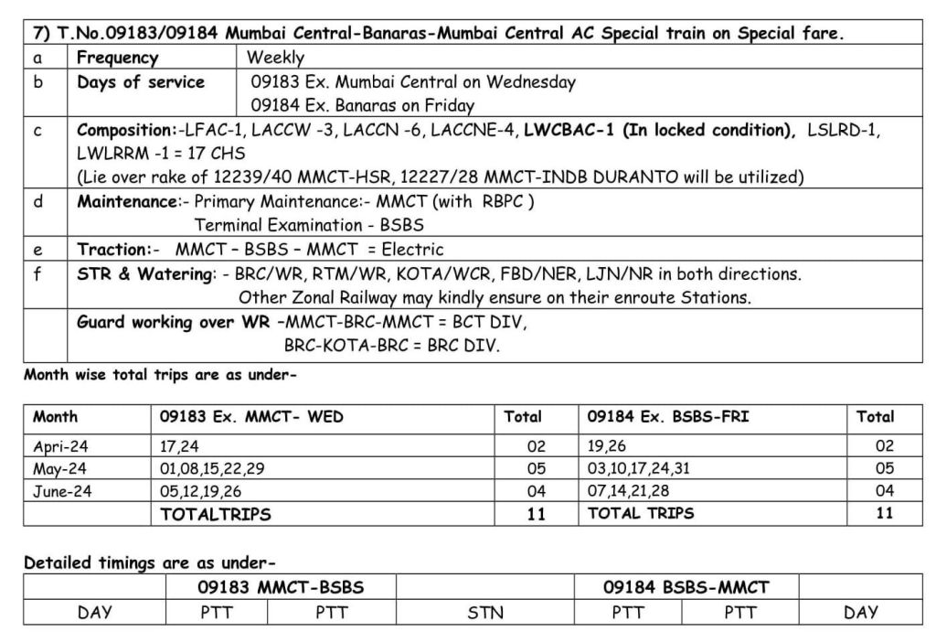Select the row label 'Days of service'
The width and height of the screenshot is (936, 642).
tap(140, 82)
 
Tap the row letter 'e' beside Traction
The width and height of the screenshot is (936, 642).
tap(37, 249)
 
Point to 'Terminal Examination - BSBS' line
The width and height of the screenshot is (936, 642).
tap(309, 225)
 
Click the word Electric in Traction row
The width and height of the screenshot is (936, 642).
tap(412, 249)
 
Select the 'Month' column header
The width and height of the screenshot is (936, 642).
tap(56, 417)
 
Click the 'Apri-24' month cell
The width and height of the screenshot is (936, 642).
tap(60, 447)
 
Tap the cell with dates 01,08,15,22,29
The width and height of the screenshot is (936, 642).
tap(212, 469)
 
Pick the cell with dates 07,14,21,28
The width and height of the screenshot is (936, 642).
tap(632, 491)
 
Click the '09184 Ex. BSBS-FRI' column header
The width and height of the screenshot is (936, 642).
tap(667, 417)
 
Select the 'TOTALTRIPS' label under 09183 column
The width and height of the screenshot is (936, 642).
tap(216, 514)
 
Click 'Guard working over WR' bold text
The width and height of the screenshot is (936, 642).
tap(174, 322)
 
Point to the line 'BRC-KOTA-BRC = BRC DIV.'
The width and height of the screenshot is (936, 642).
tap(392, 347)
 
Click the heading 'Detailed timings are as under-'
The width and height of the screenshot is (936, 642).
tap(150, 563)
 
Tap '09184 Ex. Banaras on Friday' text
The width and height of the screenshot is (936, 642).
tap(363, 106)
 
